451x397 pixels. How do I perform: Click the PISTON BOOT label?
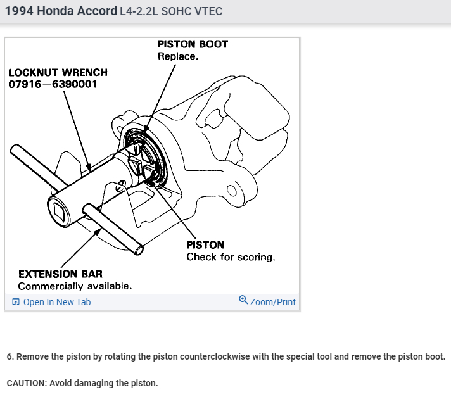[193, 44]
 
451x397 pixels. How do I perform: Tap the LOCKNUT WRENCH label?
[58, 72]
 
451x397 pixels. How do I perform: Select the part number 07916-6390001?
[53, 84]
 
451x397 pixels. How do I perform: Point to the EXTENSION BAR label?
[60, 274]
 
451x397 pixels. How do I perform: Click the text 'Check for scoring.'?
[231, 257]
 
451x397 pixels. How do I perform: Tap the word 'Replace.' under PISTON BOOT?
[178, 56]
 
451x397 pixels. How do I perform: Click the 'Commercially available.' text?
[75, 286]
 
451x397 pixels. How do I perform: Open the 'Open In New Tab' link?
[56, 302]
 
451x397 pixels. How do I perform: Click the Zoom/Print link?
[272, 302]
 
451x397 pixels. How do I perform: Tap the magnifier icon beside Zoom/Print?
[243, 300]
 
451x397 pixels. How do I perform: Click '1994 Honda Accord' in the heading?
[60, 11]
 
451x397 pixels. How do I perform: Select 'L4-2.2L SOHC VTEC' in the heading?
[170, 12]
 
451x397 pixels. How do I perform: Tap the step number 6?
[10, 356]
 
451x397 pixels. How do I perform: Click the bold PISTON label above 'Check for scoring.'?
[205, 244]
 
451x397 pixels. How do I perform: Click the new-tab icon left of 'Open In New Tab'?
[15, 302]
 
